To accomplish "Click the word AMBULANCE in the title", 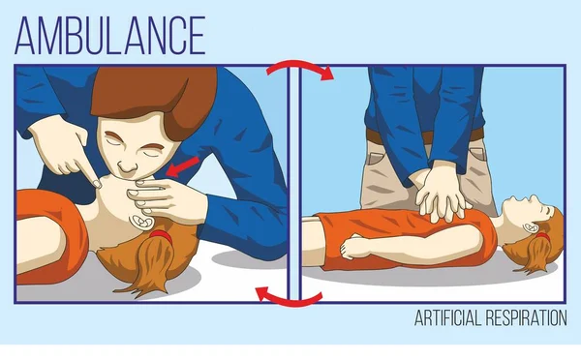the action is (x=110, y=36).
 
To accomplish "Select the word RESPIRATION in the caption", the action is (x=526, y=317).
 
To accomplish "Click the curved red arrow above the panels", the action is (x=300, y=67).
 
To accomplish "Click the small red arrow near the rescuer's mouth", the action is (x=182, y=165).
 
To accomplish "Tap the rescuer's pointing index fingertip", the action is (x=97, y=184).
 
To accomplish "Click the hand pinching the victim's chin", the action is (x=163, y=196).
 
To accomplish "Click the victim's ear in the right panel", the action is (x=529, y=226).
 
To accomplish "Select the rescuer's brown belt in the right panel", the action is (x=424, y=135).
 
